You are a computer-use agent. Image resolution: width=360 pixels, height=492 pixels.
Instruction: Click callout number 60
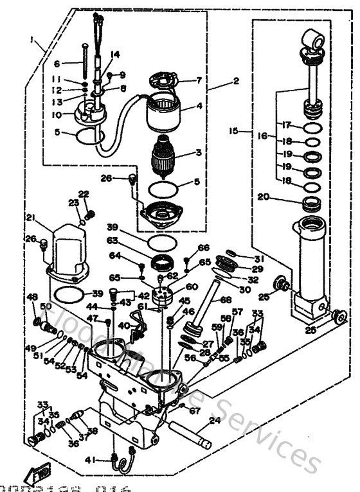pos(192,286)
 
